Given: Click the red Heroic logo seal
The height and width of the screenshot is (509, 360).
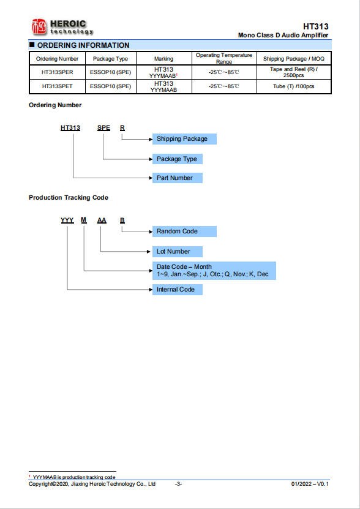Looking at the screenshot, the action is point(39,27).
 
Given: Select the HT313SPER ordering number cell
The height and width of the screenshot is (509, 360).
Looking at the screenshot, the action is point(58,72).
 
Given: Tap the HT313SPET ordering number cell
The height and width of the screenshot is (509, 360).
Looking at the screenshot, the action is point(58,87).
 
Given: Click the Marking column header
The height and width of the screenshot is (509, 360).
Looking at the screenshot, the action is point(164,59).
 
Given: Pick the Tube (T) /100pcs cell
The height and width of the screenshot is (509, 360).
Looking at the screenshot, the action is point(294,87).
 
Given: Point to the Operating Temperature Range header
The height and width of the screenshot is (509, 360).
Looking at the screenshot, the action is point(224,58).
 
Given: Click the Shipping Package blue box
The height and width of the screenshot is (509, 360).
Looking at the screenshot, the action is point(184,139).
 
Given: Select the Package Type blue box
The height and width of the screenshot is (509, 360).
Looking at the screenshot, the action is point(178,159).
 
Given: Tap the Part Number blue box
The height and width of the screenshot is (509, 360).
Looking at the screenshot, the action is point(178,178).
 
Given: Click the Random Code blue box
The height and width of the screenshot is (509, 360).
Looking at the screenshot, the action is point(184,232).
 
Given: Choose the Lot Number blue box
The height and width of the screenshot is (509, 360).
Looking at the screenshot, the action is point(178,252).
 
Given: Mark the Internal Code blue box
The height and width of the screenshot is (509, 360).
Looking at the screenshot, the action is point(178,290).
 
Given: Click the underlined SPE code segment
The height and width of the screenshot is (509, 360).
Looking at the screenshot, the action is point(103,128).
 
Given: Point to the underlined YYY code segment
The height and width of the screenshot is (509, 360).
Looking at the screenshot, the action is point(67,221).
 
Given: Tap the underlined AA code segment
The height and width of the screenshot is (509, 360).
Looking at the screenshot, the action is point(102,221).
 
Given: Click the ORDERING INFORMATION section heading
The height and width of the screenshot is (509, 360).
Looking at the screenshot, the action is point(83,45).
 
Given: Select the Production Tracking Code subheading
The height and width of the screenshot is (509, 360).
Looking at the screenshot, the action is point(69,197).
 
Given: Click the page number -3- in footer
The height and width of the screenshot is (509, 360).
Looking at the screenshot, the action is point(178,484).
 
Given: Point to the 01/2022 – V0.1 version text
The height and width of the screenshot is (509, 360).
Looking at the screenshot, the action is point(310,484).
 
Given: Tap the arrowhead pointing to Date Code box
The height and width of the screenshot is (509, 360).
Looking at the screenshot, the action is point(151,271).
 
